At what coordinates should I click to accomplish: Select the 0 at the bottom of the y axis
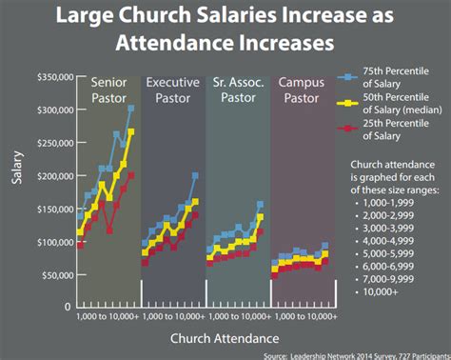click(67, 308)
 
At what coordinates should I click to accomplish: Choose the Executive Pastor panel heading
click(172, 90)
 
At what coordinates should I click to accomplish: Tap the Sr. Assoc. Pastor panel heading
click(236, 90)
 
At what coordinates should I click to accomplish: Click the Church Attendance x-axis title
click(225, 338)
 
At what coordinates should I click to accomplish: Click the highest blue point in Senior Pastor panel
click(131, 109)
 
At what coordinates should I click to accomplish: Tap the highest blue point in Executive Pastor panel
click(195, 176)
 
